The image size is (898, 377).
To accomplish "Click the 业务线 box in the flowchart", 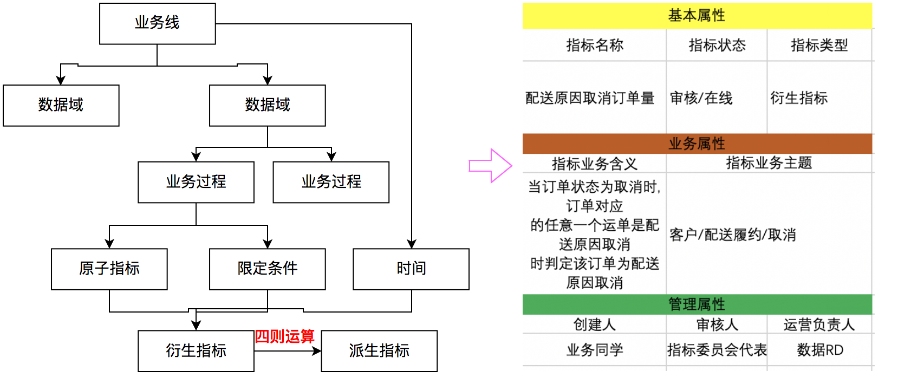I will coord(157,23).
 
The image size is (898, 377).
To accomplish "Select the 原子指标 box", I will coord(109,269).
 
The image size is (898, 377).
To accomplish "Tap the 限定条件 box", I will coord(267,269).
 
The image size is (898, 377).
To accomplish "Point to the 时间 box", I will coord(411,269).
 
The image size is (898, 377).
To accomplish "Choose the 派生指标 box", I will coord(379,351).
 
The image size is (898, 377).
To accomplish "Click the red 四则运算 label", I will coord(284,336).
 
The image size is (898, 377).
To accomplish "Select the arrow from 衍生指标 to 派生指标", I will coord(288,351).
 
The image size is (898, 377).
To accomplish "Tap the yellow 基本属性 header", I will coord(697,16).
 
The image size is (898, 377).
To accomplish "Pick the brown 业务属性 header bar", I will coord(697,144).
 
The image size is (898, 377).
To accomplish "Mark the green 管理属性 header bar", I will coord(697,304).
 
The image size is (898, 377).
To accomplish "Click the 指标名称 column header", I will coord(594,45).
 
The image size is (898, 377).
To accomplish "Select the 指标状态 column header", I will coord(717,45).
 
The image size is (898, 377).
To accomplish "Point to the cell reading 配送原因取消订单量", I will coord(590,98).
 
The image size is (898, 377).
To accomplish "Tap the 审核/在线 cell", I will coord(701,98).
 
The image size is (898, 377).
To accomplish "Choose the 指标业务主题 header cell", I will coord(769,163).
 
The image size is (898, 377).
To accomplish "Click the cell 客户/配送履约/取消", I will coord(733,235).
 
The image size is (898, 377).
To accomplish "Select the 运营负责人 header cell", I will coord(819,324).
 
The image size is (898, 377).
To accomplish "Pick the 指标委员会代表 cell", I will coord(717,350).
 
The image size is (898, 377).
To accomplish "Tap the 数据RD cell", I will coord(819,350).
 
